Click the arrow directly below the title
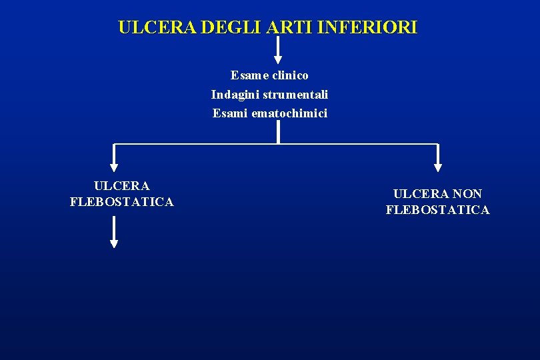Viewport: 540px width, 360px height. pyautogui.click(x=278, y=51)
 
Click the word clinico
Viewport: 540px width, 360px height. pyautogui.click(x=290, y=75)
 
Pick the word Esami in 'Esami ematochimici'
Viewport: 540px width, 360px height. pyautogui.click(x=230, y=113)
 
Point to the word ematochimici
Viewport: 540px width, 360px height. pyautogui.click(x=289, y=113)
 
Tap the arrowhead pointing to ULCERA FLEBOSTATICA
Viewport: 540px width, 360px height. pyautogui.click(x=114, y=167)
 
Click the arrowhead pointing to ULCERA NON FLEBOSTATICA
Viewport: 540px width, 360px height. pyautogui.click(x=437, y=167)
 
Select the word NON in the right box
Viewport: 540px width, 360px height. pyautogui.click(x=468, y=194)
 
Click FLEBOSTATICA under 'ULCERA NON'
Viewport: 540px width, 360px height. pyautogui.click(x=437, y=210)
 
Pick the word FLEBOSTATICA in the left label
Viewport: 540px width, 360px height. pyautogui.click(x=121, y=202)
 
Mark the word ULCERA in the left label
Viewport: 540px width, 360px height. pyautogui.click(x=122, y=186)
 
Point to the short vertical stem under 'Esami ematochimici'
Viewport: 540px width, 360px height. pyautogui.click(x=278, y=133)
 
